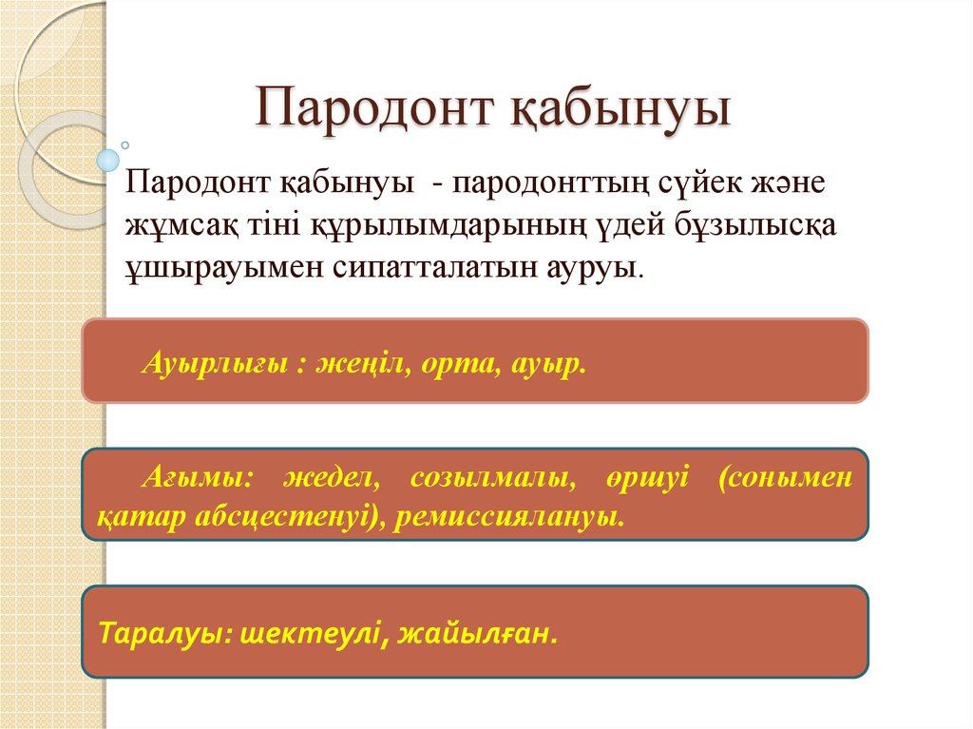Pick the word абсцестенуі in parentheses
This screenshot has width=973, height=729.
click(298, 518)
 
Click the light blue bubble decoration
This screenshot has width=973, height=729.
click(108, 160)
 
